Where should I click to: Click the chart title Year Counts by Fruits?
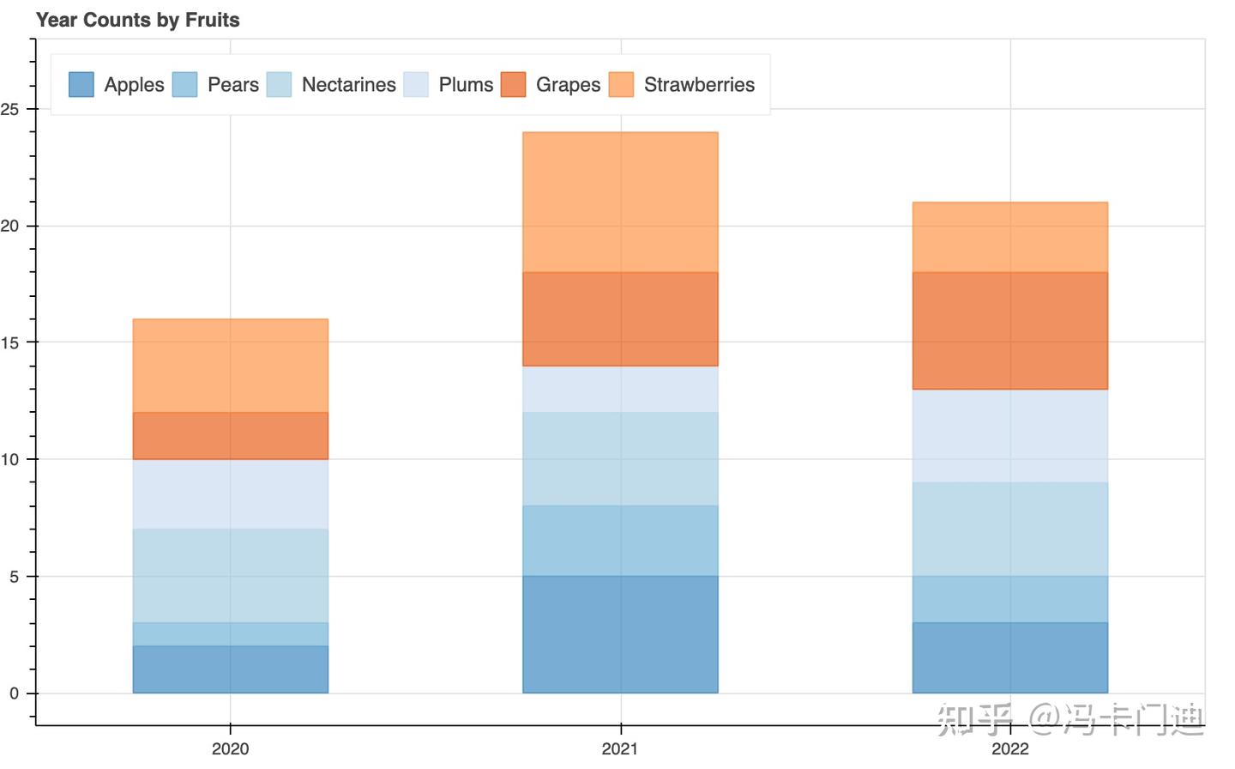pyautogui.click(x=138, y=20)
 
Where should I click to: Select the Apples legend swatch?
pyautogui.click(x=81, y=84)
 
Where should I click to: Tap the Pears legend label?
pyautogui.click(x=233, y=84)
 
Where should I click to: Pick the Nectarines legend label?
pyautogui.click(x=349, y=84)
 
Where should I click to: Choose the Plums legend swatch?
pyautogui.click(x=416, y=84)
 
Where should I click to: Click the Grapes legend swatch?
pyautogui.click(x=513, y=84)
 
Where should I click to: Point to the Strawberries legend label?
pyautogui.click(x=700, y=84)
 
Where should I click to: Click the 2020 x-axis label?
pyautogui.click(x=231, y=748)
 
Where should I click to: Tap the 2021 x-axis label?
pyautogui.click(x=620, y=748)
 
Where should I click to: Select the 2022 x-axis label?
pyautogui.click(x=1010, y=748)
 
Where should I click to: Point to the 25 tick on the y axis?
pyautogui.click(x=9, y=109)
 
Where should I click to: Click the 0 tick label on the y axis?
pyautogui.click(x=14, y=693)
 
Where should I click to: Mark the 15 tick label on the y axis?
pyautogui.click(x=9, y=342)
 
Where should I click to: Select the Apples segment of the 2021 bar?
pyautogui.click(x=620, y=634)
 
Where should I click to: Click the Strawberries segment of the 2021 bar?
pyautogui.click(x=620, y=202)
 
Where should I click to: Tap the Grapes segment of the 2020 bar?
pyautogui.click(x=231, y=436)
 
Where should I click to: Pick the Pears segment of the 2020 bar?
pyautogui.click(x=231, y=634)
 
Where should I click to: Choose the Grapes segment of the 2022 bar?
pyautogui.click(x=1010, y=330)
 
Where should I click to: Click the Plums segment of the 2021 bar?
pyautogui.click(x=620, y=389)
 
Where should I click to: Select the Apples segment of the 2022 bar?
pyautogui.click(x=1010, y=658)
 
